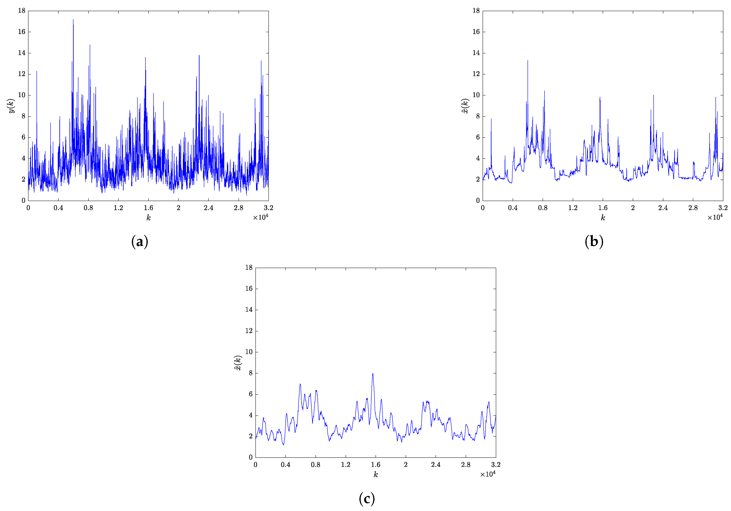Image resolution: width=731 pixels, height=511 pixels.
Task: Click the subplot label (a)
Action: (139, 242)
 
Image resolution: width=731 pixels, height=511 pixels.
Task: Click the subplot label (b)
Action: (594, 242)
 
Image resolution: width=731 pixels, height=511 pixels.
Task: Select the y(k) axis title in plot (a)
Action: (12, 106)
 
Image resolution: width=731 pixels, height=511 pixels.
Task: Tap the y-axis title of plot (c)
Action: (238, 363)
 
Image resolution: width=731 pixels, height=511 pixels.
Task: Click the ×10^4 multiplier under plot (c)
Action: (488, 474)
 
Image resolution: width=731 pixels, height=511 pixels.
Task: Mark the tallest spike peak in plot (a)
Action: (73, 20)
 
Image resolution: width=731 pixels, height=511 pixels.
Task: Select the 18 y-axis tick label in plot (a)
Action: (22, 11)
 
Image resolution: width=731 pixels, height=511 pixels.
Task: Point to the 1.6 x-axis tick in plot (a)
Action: (148, 208)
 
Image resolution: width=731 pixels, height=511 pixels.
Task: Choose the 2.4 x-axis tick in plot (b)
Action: (663, 208)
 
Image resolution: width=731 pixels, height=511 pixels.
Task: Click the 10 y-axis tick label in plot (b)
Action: (476, 95)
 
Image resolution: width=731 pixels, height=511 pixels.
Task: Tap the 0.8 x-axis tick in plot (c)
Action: (315, 465)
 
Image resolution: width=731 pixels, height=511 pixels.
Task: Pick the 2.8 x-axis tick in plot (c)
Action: (466, 465)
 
